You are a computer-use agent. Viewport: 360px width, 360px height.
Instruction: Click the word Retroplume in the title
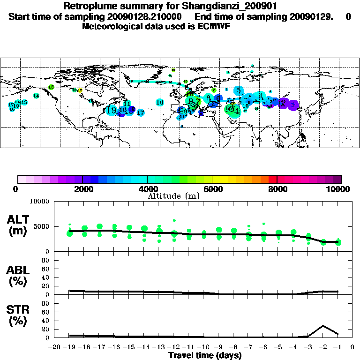(x=87, y=7)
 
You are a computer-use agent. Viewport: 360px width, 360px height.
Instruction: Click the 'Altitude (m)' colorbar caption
(x=174, y=196)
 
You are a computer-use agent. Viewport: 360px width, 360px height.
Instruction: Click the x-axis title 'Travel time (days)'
(x=205, y=355)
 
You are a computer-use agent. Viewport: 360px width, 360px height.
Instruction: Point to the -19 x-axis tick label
(x=69, y=347)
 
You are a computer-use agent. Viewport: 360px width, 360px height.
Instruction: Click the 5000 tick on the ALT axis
(x=41, y=226)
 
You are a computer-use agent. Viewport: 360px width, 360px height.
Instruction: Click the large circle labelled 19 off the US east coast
(x=112, y=110)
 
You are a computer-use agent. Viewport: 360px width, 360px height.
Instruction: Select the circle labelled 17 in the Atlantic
(x=140, y=112)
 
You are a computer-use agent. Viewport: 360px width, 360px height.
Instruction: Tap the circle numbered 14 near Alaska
(x=36, y=96)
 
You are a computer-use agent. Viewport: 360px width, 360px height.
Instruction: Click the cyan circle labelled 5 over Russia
(x=239, y=91)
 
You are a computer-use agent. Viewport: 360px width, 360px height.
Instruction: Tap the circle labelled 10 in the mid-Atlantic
(x=160, y=102)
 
